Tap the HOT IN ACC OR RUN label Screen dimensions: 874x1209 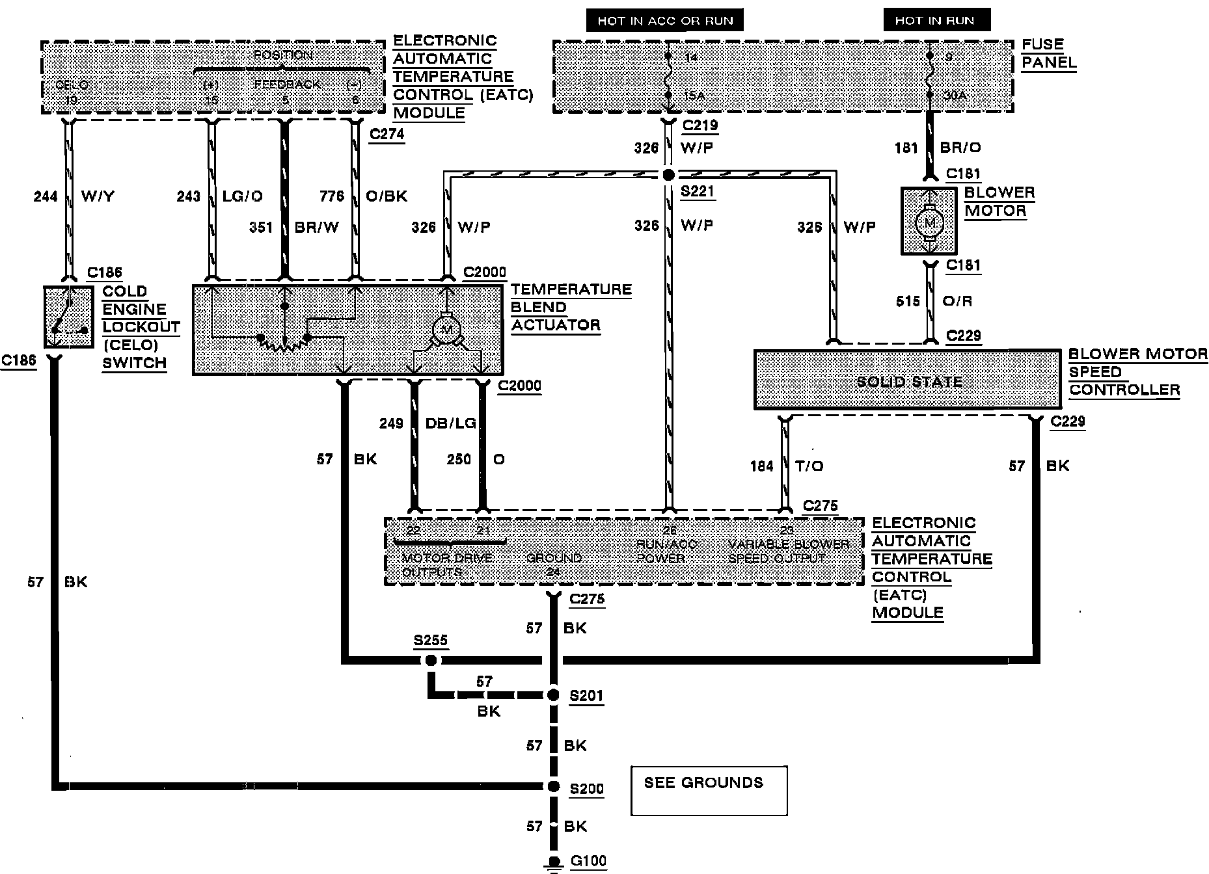(665, 20)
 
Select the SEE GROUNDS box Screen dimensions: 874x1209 (709, 790)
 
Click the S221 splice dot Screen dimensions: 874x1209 (668, 174)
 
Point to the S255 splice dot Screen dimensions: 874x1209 (430, 661)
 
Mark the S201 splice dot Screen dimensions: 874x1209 (553, 695)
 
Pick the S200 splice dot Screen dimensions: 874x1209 (553, 787)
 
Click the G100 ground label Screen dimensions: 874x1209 (588, 862)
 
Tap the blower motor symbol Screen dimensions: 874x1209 (929, 222)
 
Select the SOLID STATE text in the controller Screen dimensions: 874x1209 (909, 382)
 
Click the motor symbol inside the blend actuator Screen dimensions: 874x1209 (447, 330)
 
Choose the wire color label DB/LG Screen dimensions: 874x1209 (451, 423)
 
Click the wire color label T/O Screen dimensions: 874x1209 (809, 466)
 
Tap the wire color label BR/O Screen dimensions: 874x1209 (960, 148)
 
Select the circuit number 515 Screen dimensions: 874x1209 (908, 301)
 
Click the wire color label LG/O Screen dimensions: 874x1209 (243, 196)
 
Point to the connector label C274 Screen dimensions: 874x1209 (387, 134)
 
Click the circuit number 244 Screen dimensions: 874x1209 (46, 196)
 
